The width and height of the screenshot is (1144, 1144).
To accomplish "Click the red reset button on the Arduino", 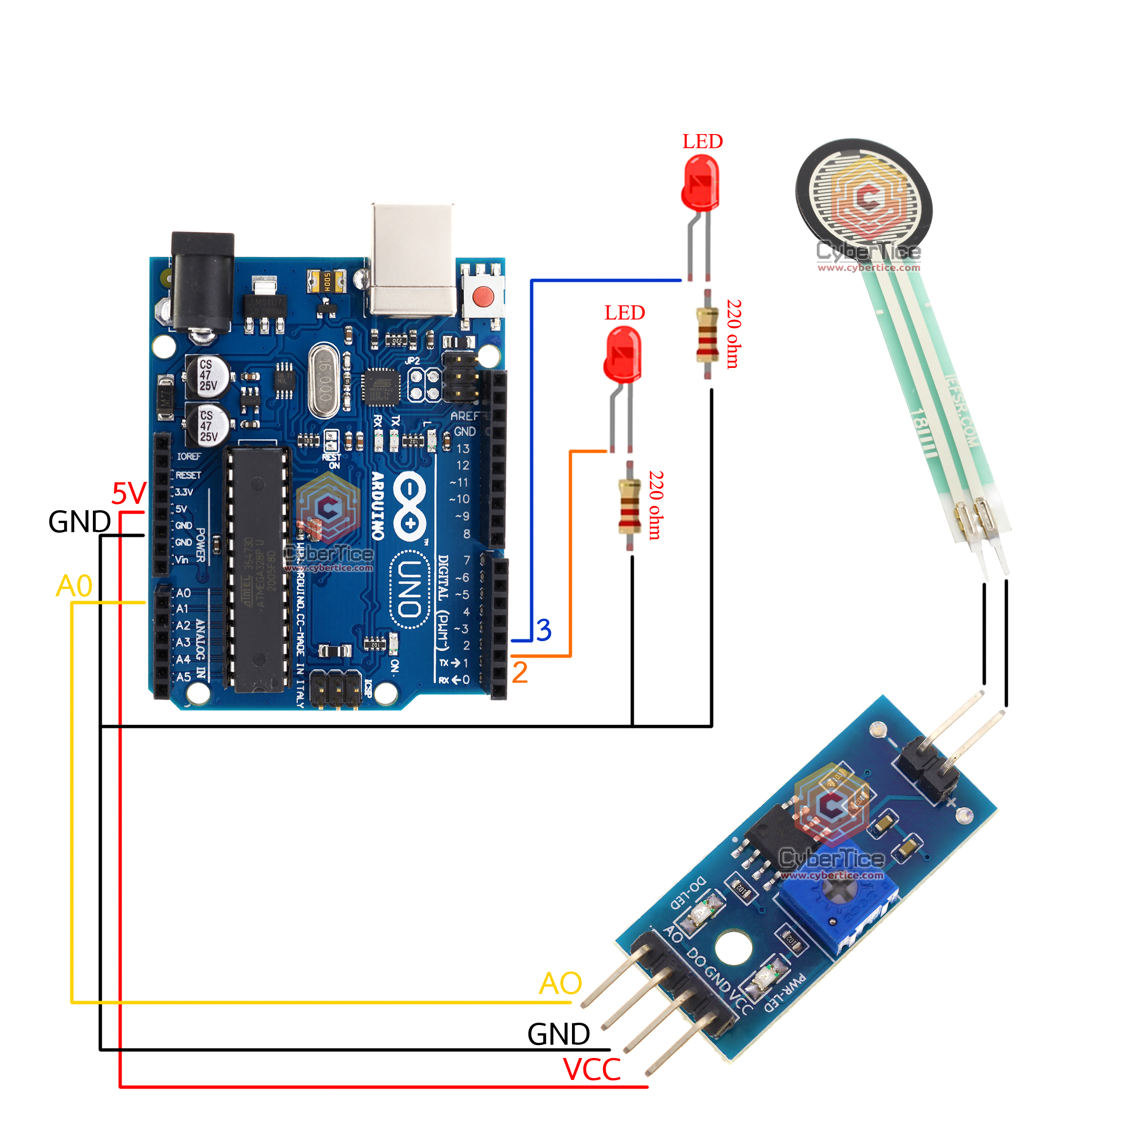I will (483, 295).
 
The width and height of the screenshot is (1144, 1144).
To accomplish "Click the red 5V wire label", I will (129, 493).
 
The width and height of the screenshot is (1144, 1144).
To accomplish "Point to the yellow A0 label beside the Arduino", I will (74, 586).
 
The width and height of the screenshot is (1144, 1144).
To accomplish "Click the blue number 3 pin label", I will (544, 630).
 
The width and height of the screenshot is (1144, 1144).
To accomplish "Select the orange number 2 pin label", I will (519, 673).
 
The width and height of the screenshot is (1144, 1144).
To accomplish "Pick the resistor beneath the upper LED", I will (707, 335).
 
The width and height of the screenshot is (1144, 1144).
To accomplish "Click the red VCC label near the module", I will (592, 1069).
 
